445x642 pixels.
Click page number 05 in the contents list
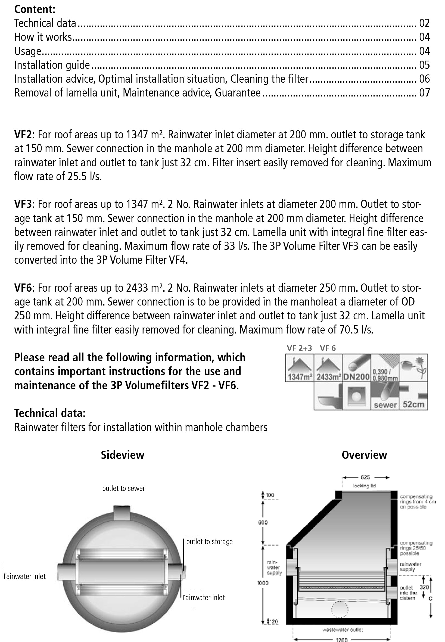pos(424,65)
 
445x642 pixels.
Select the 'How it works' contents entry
pos(43,37)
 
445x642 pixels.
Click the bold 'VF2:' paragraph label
pos(24,135)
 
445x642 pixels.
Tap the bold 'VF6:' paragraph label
pos(24,288)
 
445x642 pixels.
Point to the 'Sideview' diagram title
pos(122,455)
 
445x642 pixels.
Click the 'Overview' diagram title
pos(364,455)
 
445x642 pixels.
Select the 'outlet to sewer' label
pos(123,488)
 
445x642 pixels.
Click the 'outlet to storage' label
pos(209,542)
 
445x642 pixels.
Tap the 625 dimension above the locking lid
pos(365,477)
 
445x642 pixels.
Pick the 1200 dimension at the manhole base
pos(342,640)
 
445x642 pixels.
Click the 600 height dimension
pos(263,522)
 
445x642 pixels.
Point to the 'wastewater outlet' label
pos(343,629)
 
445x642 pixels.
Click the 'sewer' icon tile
pos(385,396)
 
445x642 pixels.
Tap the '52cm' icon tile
pos(413,396)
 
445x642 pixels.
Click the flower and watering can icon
pos(413,367)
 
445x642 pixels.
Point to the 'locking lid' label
pos(365,486)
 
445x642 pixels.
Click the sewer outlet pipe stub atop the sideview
pos(122,512)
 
